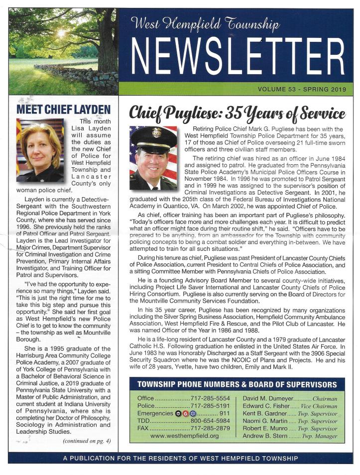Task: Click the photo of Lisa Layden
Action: tap(40, 150)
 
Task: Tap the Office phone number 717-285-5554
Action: tap(210, 399)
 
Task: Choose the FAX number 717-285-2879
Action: tap(210, 428)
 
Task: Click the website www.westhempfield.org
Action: tap(184, 436)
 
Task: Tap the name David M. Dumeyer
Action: tap(266, 399)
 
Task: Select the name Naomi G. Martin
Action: tap(264, 421)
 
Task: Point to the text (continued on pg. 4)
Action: tap(86, 441)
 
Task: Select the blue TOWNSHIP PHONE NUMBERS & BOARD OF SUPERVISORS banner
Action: tap(237, 384)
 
